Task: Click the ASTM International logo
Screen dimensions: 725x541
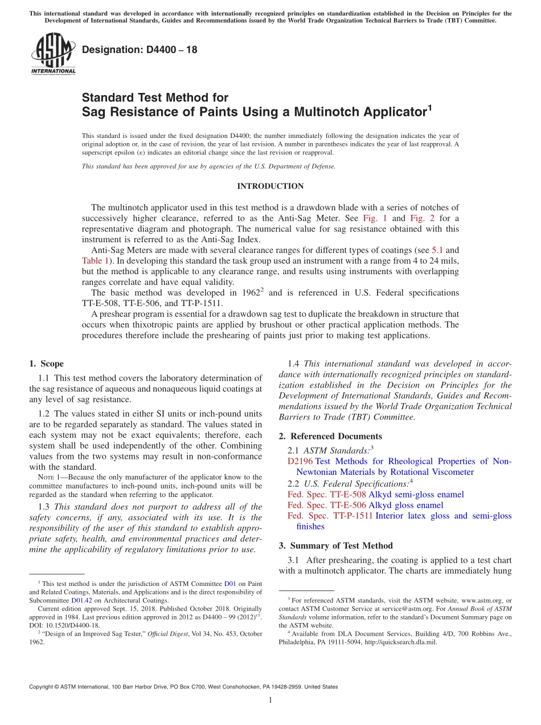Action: (52, 54)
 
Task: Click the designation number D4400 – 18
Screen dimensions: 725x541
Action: (140, 50)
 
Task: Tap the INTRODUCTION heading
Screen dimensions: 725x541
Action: (270, 186)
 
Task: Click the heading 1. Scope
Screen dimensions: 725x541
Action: (46, 364)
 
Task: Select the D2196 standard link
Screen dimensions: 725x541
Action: (300, 462)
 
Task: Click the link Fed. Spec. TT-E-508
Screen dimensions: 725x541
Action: (327, 494)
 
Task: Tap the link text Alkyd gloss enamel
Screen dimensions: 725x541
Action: (405, 505)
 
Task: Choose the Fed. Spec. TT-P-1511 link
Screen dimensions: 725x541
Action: (330, 516)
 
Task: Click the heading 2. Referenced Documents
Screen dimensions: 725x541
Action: (330, 437)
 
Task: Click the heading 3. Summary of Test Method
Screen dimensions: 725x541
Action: (335, 546)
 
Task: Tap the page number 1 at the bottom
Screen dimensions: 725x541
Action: (270, 700)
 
